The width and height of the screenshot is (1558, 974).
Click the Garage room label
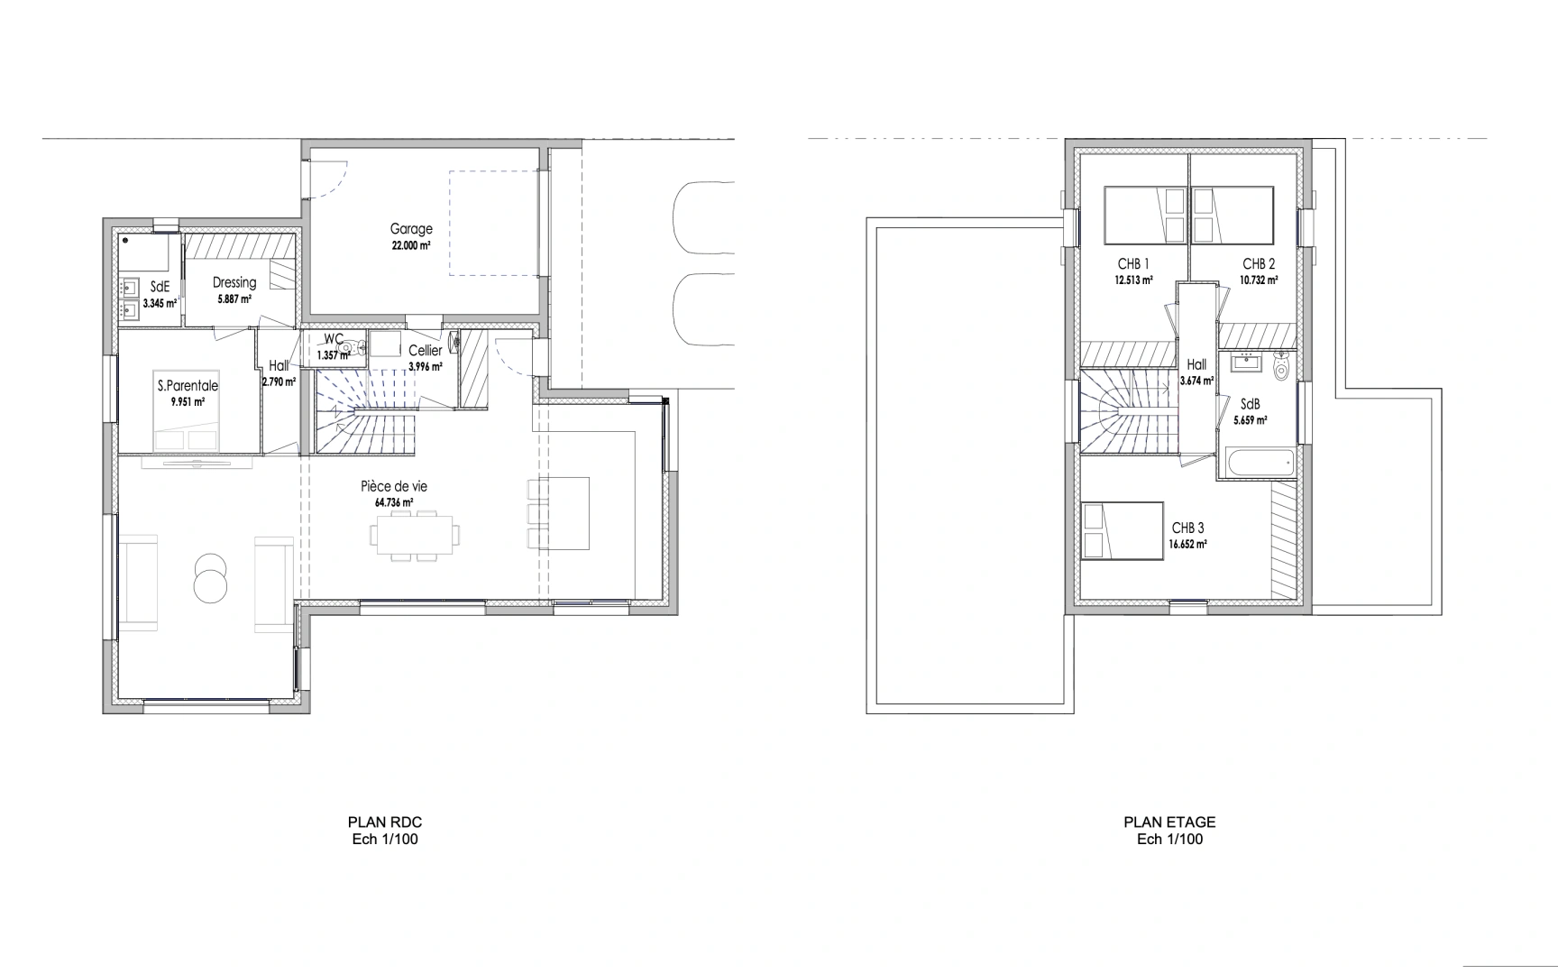click(411, 229)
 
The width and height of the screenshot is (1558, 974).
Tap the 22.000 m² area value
click(411, 245)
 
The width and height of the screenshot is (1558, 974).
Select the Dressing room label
click(234, 282)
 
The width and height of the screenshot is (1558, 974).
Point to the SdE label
click(160, 287)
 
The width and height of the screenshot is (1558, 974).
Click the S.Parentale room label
click(188, 386)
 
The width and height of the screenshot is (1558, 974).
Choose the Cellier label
click(425, 351)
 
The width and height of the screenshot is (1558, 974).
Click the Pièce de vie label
click(394, 486)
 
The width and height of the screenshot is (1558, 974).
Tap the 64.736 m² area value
click(394, 502)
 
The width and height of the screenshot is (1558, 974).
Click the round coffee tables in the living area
click(211, 576)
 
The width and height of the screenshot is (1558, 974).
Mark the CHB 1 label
click(1133, 264)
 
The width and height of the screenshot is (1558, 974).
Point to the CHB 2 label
click(1259, 264)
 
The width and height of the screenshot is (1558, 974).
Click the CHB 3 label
click(1187, 528)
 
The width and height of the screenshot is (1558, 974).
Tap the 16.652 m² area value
click(1187, 545)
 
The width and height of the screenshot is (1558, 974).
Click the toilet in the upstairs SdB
click(1281, 367)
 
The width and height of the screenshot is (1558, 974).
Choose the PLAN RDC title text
click(385, 822)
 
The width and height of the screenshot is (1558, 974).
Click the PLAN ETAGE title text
click(1169, 822)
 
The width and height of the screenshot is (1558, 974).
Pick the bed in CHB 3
click(1121, 531)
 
